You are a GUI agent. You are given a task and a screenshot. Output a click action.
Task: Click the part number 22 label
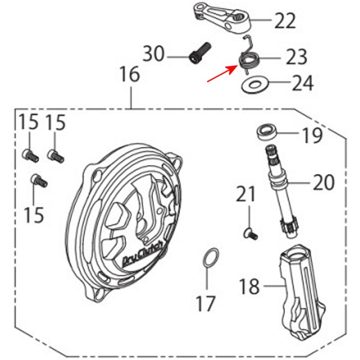[x=285, y=21]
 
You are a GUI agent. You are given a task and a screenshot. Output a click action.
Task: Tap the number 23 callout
[x=296, y=57]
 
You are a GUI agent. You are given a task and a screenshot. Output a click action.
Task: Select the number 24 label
[x=302, y=83]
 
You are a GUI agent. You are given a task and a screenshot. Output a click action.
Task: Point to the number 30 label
[x=154, y=53]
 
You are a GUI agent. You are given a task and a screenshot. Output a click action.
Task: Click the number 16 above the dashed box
[x=130, y=74]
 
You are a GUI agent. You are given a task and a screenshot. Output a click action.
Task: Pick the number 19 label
[x=313, y=135]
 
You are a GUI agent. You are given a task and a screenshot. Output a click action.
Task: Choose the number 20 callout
[x=323, y=182]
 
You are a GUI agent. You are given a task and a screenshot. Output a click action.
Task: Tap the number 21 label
[x=245, y=194]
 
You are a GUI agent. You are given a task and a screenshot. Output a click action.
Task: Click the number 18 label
[x=250, y=286]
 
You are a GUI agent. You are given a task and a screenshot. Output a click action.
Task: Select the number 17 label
[x=206, y=303]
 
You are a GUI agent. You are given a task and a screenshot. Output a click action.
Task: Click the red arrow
[x=222, y=73]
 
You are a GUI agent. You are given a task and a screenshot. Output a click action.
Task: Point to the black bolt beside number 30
[x=200, y=53]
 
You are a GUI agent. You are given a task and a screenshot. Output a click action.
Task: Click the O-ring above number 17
[x=211, y=257]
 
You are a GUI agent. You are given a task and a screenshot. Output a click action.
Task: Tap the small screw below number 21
[x=251, y=235]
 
